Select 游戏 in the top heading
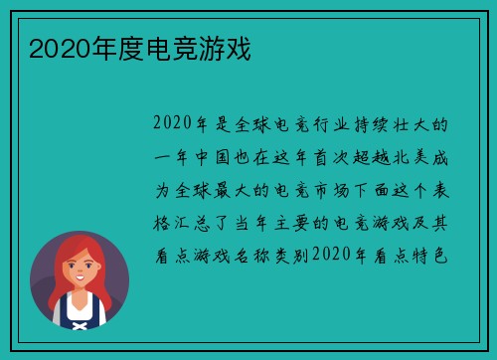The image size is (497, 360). click(228, 48)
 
